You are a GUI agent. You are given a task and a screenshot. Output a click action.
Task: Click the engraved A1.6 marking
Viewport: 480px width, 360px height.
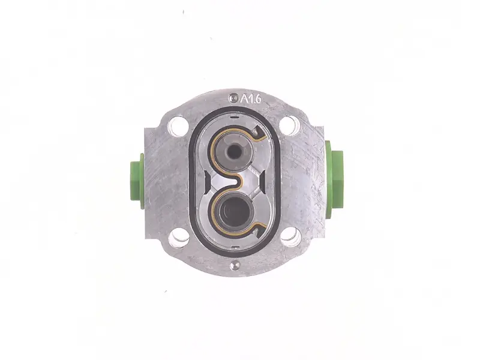(x=251, y=99)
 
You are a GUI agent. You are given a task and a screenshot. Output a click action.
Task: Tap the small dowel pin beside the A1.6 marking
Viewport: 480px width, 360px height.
(x=233, y=98)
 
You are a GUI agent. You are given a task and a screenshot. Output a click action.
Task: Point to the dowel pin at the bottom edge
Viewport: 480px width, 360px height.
(x=235, y=265)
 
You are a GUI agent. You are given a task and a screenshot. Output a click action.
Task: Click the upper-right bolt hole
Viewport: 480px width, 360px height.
(x=290, y=125)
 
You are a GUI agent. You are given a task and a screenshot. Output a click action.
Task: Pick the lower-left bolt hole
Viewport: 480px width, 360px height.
(x=179, y=237)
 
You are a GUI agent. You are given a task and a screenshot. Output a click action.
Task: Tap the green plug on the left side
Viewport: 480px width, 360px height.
(x=137, y=181)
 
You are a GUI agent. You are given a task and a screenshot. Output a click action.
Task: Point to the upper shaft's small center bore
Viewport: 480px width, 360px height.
(x=234, y=151)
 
